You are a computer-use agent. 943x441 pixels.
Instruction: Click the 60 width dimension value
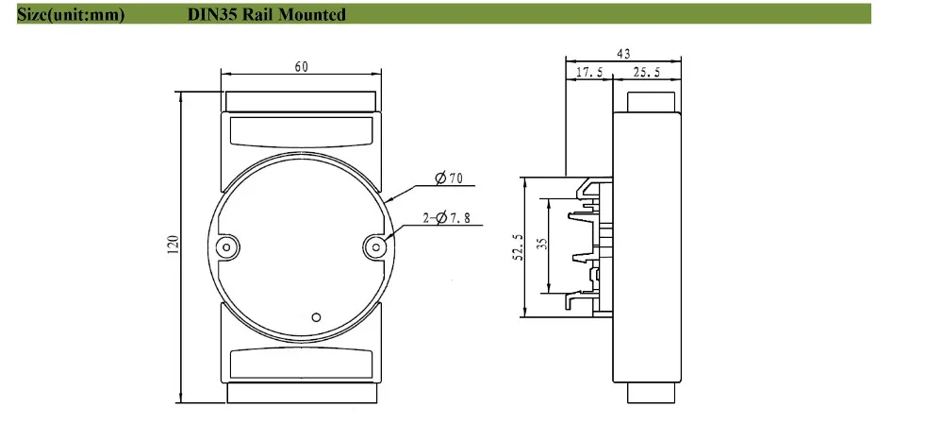point(302,66)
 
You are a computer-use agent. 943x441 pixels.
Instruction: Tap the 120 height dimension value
point(174,244)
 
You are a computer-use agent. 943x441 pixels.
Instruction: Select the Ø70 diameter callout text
point(448,178)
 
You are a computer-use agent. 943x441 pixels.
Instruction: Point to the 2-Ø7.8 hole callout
point(446,217)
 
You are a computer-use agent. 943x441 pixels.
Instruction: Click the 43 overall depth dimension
point(623,54)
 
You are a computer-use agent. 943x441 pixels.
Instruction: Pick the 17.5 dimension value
point(589,73)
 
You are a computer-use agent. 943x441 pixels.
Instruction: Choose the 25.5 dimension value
point(647,73)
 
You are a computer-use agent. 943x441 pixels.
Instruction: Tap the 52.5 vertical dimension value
point(519,247)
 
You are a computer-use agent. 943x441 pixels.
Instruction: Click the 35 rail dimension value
point(542,244)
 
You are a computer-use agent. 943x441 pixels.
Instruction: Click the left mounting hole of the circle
point(226,246)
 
